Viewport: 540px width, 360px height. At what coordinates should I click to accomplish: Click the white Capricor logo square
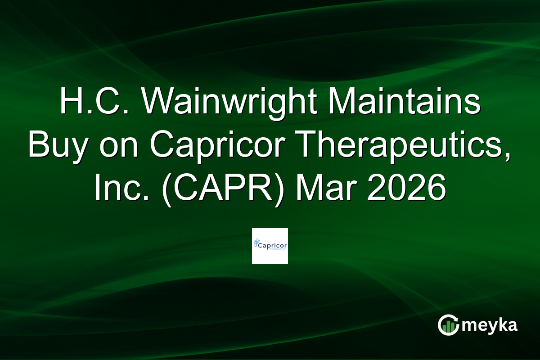(270, 246)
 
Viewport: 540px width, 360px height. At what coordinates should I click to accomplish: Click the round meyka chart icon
(448, 325)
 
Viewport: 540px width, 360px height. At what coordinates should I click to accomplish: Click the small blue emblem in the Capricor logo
(257, 244)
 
